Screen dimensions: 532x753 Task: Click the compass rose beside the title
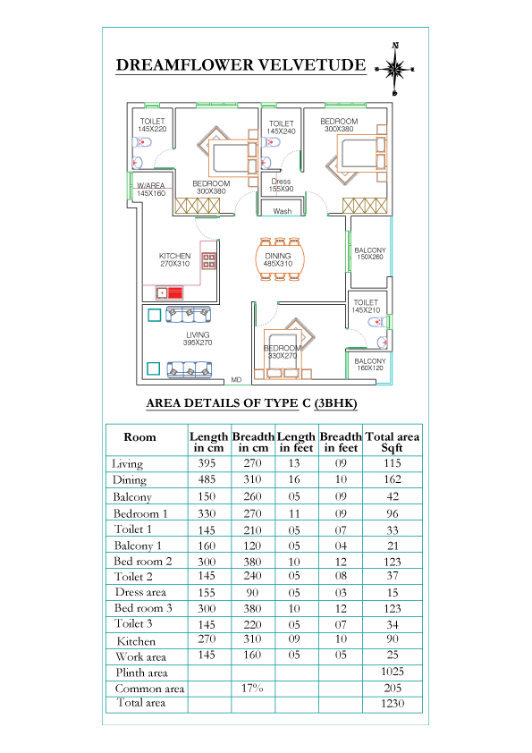pyautogui.click(x=394, y=69)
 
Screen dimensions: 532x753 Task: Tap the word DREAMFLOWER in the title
pyautogui.click(x=184, y=64)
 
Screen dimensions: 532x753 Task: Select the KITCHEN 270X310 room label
pyautogui.click(x=174, y=260)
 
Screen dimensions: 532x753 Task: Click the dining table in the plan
pyautogui.click(x=280, y=259)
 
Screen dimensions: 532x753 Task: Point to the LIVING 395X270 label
pyautogui.click(x=198, y=339)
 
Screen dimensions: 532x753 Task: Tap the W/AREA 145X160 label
pyautogui.click(x=151, y=190)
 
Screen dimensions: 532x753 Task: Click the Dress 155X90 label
pyautogui.click(x=281, y=185)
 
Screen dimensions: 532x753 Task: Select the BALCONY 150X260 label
pyautogui.click(x=369, y=254)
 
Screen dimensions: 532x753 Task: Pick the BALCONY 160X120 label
pyautogui.click(x=369, y=365)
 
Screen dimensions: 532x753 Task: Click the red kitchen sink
pyautogui.click(x=170, y=292)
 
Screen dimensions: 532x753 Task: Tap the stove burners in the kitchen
pyautogui.click(x=209, y=261)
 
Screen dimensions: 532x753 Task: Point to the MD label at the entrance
pyautogui.click(x=236, y=380)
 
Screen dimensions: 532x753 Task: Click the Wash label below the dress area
pyautogui.click(x=283, y=211)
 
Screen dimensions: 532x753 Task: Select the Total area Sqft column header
pyautogui.click(x=393, y=443)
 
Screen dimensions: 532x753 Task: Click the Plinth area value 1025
pyautogui.click(x=393, y=672)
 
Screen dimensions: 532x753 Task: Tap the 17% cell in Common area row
pyautogui.click(x=252, y=689)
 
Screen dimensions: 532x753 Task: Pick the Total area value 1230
pyautogui.click(x=393, y=704)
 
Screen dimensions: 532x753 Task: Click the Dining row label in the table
pyautogui.click(x=130, y=479)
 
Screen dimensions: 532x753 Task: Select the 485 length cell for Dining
pyautogui.click(x=207, y=479)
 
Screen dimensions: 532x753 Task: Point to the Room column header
pyautogui.click(x=139, y=437)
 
